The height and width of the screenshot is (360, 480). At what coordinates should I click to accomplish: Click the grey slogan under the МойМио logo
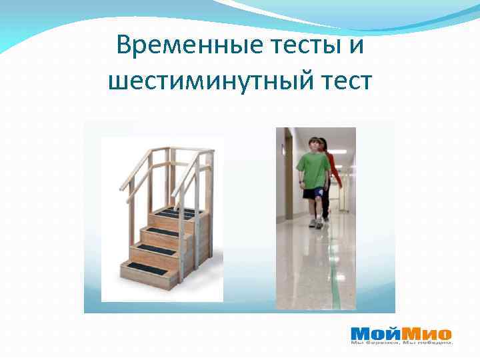(402, 343)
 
